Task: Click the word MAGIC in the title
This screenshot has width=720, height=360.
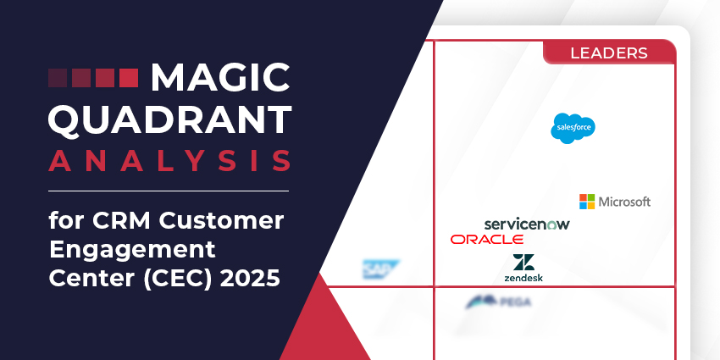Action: coord(219,80)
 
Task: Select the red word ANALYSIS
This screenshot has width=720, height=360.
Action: coord(169,160)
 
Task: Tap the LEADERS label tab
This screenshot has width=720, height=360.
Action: coord(609,53)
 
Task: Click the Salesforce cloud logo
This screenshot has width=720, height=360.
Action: coord(573,128)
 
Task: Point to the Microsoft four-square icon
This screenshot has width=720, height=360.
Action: coord(587,202)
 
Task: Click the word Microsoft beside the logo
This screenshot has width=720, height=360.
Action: coord(624,202)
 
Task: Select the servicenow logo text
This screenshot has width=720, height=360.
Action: coord(527,224)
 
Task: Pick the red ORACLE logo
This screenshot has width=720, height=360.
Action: coord(487,240)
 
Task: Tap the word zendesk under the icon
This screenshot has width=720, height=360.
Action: coord(523,277)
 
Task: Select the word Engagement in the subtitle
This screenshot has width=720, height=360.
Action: coord(132,251)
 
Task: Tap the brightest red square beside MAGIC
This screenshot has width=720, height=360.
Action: coord(128,79)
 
